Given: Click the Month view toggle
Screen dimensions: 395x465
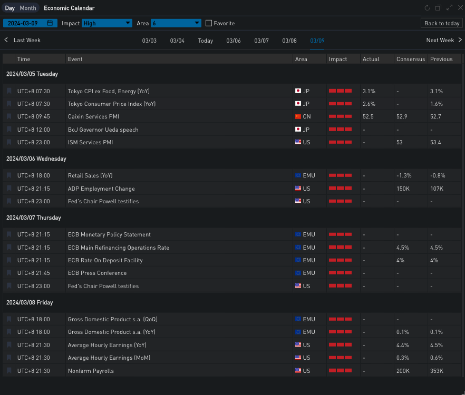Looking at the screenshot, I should pos(28,8).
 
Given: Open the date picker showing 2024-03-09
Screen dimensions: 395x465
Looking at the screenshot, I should pos(30,23).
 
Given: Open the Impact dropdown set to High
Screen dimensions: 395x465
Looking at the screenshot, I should pos(106,23).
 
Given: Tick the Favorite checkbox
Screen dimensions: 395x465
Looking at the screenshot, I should pos(209,23).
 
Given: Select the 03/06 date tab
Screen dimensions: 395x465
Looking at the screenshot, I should pos(234,41).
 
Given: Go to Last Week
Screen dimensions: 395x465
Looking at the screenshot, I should pos(22,40).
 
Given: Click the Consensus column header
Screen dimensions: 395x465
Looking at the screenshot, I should pos(410,59).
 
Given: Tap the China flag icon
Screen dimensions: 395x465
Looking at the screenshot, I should pos(298,117).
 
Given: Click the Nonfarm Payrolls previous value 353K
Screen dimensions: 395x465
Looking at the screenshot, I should pos(437,371).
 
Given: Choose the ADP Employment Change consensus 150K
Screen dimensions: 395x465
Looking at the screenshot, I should pos(404,189).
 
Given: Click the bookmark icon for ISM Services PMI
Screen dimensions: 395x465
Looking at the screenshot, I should pos(9,142).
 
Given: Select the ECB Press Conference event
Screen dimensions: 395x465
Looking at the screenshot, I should pos(97,273).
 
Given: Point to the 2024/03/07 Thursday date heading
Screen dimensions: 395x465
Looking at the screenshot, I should pos(34,218).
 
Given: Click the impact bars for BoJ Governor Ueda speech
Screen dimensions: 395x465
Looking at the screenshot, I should pos(340,130).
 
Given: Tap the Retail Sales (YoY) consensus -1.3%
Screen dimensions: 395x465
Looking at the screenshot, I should pos(404,175).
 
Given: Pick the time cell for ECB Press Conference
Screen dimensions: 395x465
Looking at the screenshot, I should pos(34,273).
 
